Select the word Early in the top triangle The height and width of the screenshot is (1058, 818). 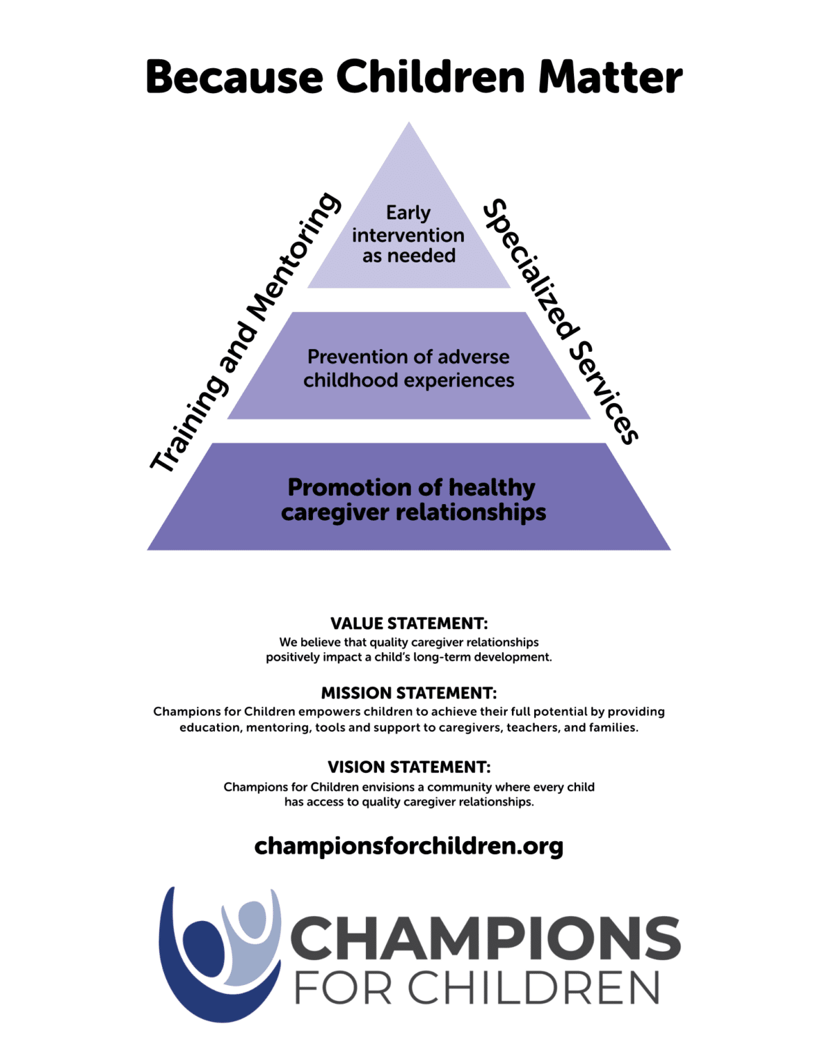(408, 212)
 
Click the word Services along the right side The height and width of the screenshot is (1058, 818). (604, 393)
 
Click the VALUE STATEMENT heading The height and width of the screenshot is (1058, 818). (409, 623)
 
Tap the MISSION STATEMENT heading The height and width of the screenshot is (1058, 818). (409, 693)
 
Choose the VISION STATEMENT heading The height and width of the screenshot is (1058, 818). (409, 767)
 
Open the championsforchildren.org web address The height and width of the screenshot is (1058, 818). (409, 846)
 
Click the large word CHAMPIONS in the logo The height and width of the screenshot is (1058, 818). (485, 939)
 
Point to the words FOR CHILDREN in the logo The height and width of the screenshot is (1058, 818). (477, 988)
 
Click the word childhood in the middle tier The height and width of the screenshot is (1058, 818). (351, 380)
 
